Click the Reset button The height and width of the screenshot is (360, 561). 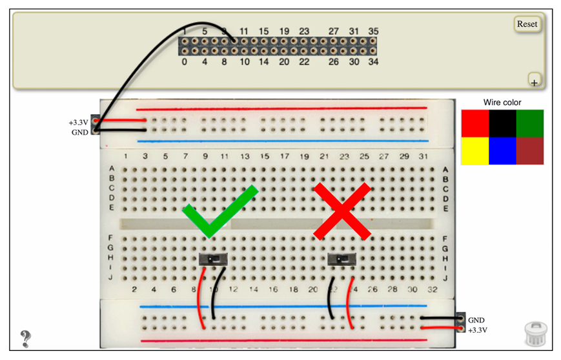527,24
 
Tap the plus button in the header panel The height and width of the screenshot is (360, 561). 534,81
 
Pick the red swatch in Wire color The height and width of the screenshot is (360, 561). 474,123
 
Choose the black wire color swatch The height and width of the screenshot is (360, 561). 502,123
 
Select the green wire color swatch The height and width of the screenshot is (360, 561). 530,123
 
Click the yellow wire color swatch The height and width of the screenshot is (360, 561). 474,151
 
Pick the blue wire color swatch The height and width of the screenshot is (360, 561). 502,151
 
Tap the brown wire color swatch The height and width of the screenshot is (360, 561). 530,151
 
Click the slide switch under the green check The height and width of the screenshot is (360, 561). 214,259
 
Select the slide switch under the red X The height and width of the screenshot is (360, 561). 342,259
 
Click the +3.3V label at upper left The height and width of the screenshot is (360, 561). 78,122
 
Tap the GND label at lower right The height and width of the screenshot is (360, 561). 476,320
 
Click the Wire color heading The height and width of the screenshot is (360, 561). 502,103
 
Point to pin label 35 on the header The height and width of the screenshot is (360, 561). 373,31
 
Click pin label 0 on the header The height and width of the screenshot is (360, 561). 185,63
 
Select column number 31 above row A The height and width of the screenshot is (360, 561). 423,157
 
